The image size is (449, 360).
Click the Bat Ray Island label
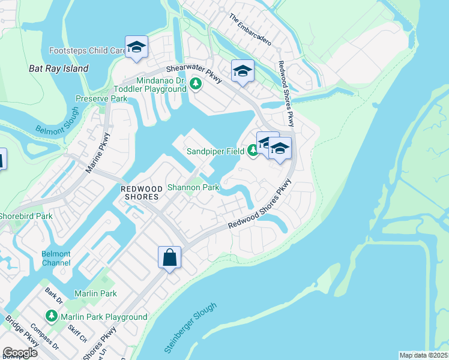[59, 68]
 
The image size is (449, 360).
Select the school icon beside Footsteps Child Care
[136, 47]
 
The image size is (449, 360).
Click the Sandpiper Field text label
[214, 151]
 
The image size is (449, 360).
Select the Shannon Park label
[193, 187]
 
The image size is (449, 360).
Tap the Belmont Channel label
[56, 258]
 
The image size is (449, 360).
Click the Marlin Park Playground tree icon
[52, 316]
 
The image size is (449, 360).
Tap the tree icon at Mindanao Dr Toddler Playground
[194, 83]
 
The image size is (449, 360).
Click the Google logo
[20, 353]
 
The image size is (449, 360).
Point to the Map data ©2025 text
[424, 355]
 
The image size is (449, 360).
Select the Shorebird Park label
[26, 216]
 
